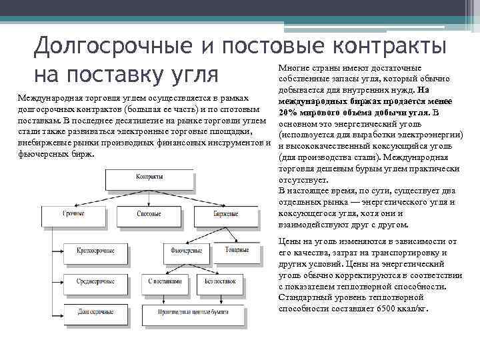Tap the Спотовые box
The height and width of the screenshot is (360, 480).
coord(149,214)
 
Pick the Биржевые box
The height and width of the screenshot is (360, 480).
coord(226,214)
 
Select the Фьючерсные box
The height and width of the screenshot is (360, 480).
coord(187,251)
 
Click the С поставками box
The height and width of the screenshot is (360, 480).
coord(163,281)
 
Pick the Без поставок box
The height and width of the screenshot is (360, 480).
coord(220,281)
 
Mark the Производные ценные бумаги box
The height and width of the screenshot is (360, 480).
coord(194,311)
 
